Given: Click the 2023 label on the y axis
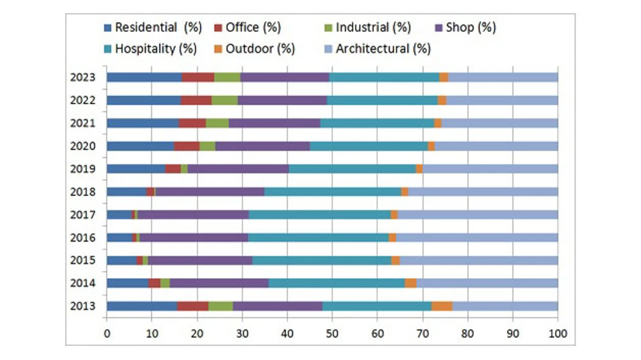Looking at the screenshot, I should [83, 77].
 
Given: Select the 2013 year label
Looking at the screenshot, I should [83, 306].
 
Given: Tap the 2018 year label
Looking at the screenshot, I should [83, 192].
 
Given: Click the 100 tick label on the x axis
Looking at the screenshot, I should [558, 333].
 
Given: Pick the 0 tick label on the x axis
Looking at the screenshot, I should [107, 333].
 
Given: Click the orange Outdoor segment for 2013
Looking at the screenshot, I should [442, 306].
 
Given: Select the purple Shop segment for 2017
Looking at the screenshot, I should [193, 215].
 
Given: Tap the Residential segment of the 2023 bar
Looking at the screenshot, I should [144, 77].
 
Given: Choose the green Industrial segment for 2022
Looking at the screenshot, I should [224, 100].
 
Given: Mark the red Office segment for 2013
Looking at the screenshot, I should [192, 306].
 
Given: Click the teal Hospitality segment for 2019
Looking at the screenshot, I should [352, 169].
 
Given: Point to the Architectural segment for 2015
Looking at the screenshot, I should [479, 260].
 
